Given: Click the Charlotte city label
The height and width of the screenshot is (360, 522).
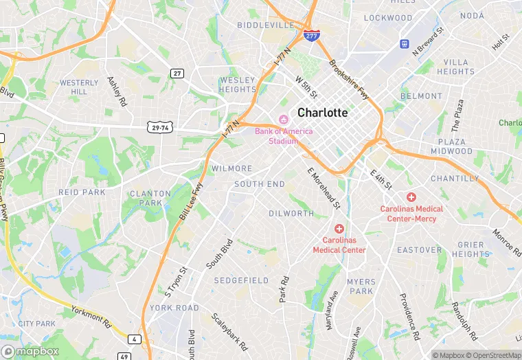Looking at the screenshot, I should [x=322, y=113].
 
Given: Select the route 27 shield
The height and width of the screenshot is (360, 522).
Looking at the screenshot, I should [x=177, y=74].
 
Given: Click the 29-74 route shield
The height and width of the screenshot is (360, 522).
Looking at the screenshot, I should [x=158, y=127].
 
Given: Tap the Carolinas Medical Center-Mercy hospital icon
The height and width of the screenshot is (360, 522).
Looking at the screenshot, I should [x=411, y=197].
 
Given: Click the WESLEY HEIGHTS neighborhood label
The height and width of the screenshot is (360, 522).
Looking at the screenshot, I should [x=237, y=85].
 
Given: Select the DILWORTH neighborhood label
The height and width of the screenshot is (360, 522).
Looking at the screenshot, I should [x=291, y=214].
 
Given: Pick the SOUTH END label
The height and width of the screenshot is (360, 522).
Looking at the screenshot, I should [x=259, y=184].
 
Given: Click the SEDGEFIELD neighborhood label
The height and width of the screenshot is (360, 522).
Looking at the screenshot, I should [x=241, y=281].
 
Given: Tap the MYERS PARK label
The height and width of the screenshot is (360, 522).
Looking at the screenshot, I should [x=361, y=286].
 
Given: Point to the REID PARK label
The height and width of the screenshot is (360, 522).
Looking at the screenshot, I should [x=82, y=192].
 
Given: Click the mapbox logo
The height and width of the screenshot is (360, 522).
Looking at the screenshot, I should [x=33, y=351].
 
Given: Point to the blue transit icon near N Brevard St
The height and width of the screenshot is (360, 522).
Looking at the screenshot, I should [x=405, y=44].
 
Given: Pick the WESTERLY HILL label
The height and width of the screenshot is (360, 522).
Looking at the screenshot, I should [x=79, y=87].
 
